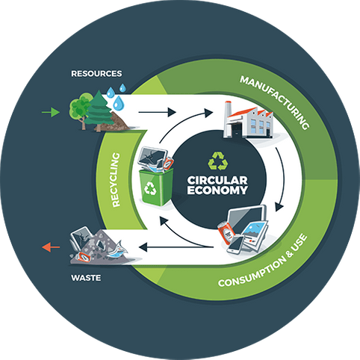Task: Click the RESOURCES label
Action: [x=96, y=74]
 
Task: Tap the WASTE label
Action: [x=86, y=278]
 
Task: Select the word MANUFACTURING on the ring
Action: [x=275, y=102]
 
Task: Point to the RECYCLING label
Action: [x=116, y=180]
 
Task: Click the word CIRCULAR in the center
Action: [x=217, y=180]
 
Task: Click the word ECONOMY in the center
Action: [x=217, y=190]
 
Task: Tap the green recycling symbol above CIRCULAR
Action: [x=218, y=161]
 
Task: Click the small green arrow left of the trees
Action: [x=51, y=112]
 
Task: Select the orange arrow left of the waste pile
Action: [x=51, y=247]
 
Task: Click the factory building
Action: [x=248, y=122]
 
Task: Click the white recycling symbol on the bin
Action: [x=150, y=188]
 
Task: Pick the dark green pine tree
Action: [x=99, y=111]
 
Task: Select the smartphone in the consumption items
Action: [x=235, y=244]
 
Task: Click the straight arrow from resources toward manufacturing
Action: [x=157, y=112]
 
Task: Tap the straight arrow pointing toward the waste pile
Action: [x=176, y=247]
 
